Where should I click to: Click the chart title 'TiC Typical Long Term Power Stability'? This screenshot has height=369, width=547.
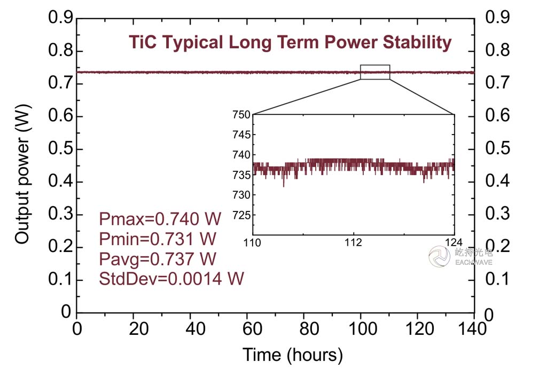pos(290,42)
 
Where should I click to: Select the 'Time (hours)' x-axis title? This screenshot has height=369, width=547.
pos(293,354)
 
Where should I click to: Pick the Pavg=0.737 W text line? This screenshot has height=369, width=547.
pos(158,259)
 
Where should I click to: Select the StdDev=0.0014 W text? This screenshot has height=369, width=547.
pos(171,278)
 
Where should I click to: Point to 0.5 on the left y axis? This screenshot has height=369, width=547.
pos(60,149)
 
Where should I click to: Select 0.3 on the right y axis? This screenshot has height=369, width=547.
pos(497,215)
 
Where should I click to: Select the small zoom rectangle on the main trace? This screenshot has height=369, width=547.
pos(375,72)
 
